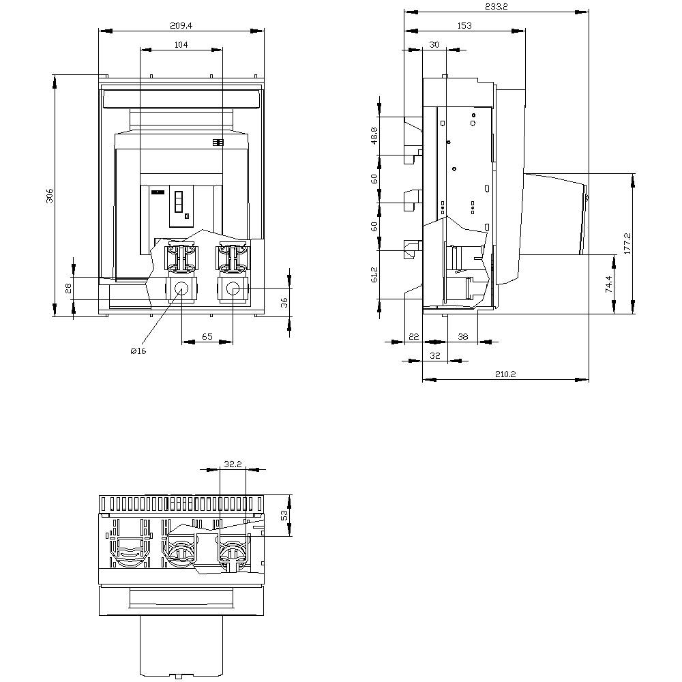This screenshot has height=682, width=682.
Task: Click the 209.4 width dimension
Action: [x=181, y=25]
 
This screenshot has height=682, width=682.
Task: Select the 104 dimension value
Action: [x=181, y=44]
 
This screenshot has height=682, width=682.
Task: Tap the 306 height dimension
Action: [x=49, y=196]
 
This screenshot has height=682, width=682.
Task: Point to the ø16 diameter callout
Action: [x=138, y=351]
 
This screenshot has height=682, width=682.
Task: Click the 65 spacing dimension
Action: [x=207, y=337]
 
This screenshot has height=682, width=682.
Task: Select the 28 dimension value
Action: [x=68, y=288]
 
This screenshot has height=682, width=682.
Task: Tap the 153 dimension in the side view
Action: [x=464, y=25]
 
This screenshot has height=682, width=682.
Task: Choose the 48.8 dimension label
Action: [x=374, y=136]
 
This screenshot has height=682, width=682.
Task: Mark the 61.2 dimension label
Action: [x=374, y=276]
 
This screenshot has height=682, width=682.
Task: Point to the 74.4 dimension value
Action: [x=608, y=284]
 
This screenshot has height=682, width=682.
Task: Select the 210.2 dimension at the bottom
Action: [x=505, y=374]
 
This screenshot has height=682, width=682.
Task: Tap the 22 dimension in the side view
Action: [x=413, y=337]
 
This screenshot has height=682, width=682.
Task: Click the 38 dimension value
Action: [x=462, y=337]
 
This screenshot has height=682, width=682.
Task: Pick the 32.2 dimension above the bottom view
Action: [x=233, y=464]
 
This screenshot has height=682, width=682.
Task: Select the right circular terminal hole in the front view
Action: [x=233, y=288]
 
